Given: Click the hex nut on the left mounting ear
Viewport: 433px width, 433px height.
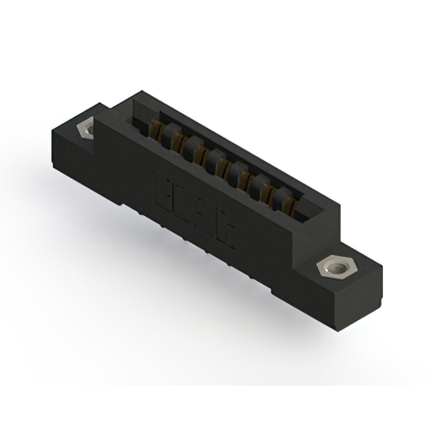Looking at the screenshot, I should pyautogui.click(x=86, y=128).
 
